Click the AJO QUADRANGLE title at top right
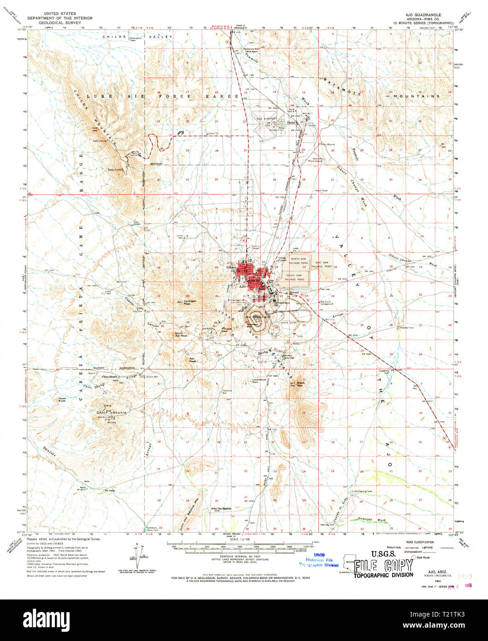coord(423,14)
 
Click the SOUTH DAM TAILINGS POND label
coord(294,278)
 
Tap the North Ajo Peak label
coord(181,334)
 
